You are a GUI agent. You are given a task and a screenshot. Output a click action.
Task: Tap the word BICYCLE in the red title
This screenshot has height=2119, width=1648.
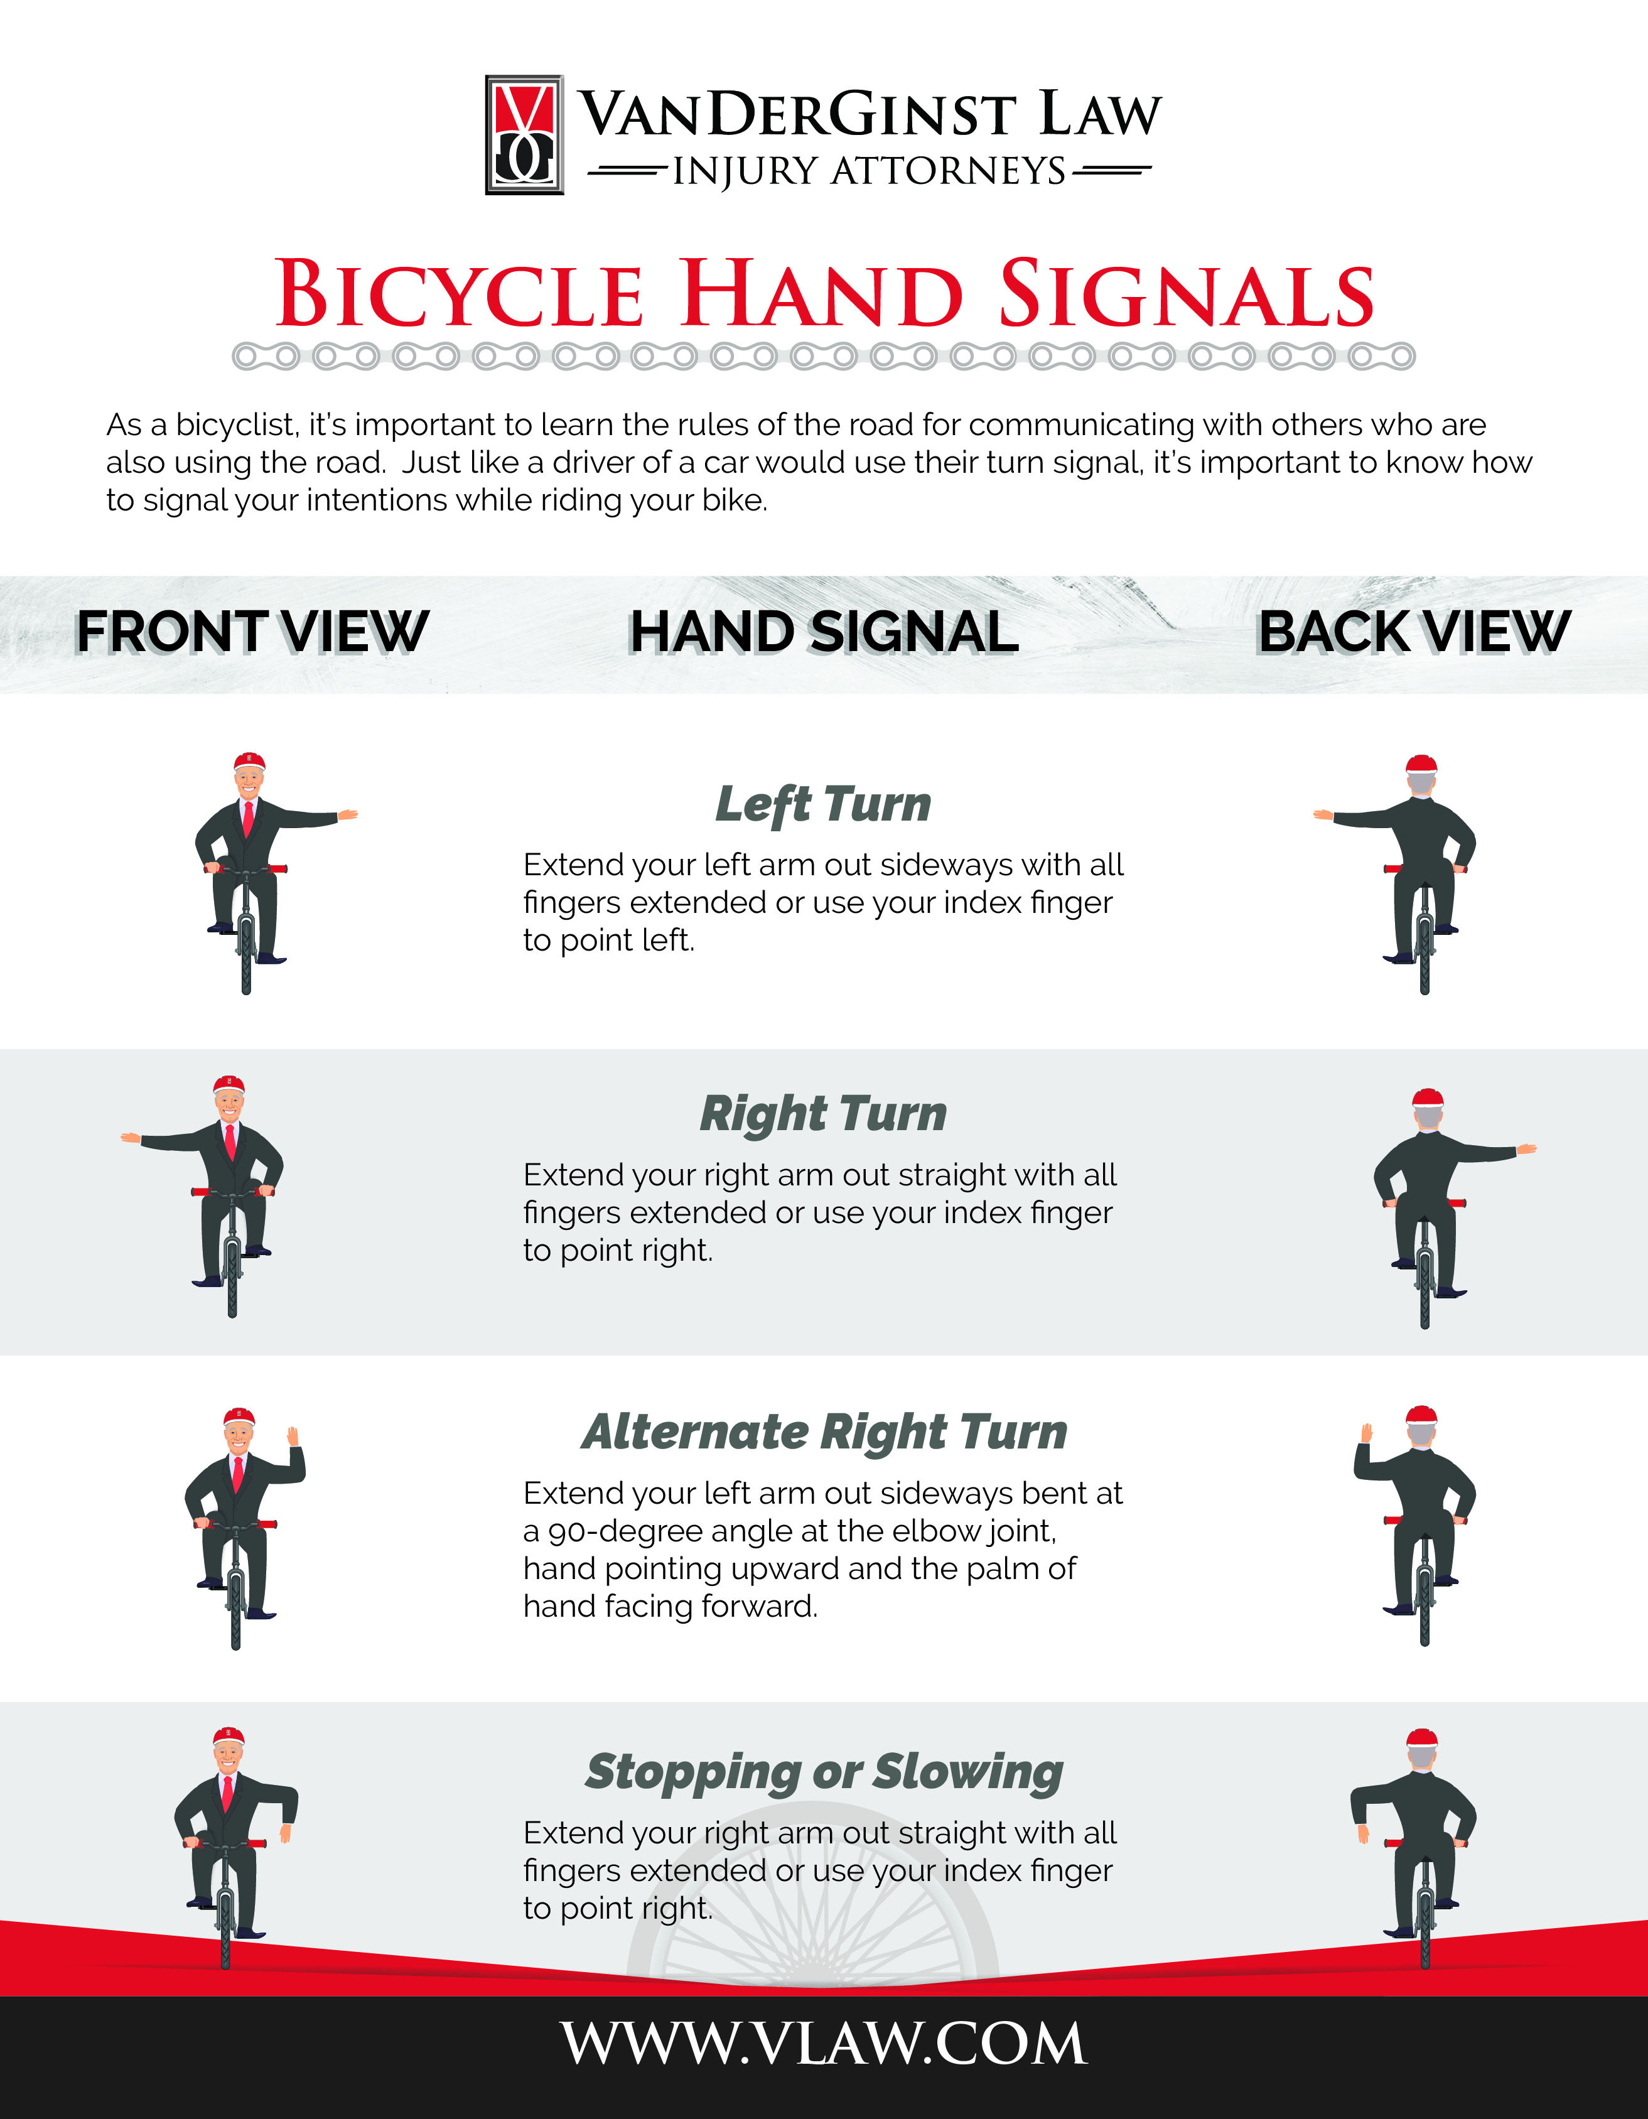pyautogui.click(x=460, y=293)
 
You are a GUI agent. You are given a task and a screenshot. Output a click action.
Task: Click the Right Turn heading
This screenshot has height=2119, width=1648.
pyautogui.click(x=822, y=1114)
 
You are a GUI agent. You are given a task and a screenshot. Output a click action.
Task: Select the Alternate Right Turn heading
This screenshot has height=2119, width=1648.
pyautogui.click(x=824, y=1432)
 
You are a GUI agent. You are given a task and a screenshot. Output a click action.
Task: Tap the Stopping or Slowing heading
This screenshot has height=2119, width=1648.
pyautogui.click(x=824, y=1772)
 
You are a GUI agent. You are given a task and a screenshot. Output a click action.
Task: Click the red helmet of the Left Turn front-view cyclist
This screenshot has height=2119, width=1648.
pyautogui.click(x=249, y=761)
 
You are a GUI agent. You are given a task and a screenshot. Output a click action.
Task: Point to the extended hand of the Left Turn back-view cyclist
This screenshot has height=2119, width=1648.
pyautogui.click(x=1323, y=815)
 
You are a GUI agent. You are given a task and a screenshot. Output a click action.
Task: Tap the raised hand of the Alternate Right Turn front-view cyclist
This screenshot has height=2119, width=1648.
pyautogui.click(x=293, y=1436)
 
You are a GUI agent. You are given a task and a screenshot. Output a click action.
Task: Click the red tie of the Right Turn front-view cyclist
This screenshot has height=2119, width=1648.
pyautogui.click(x=230, y=1141)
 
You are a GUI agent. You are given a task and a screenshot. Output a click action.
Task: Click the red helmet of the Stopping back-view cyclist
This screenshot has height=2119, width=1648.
pyautogui.click(x=1422, y=1739)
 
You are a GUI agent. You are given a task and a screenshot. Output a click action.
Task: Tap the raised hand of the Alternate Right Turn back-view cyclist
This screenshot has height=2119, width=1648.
pyautogui.click(x=1367, y=1433)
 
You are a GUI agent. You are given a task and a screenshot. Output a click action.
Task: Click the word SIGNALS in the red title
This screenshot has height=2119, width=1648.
pyautogui.click(x=1187, y=293)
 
